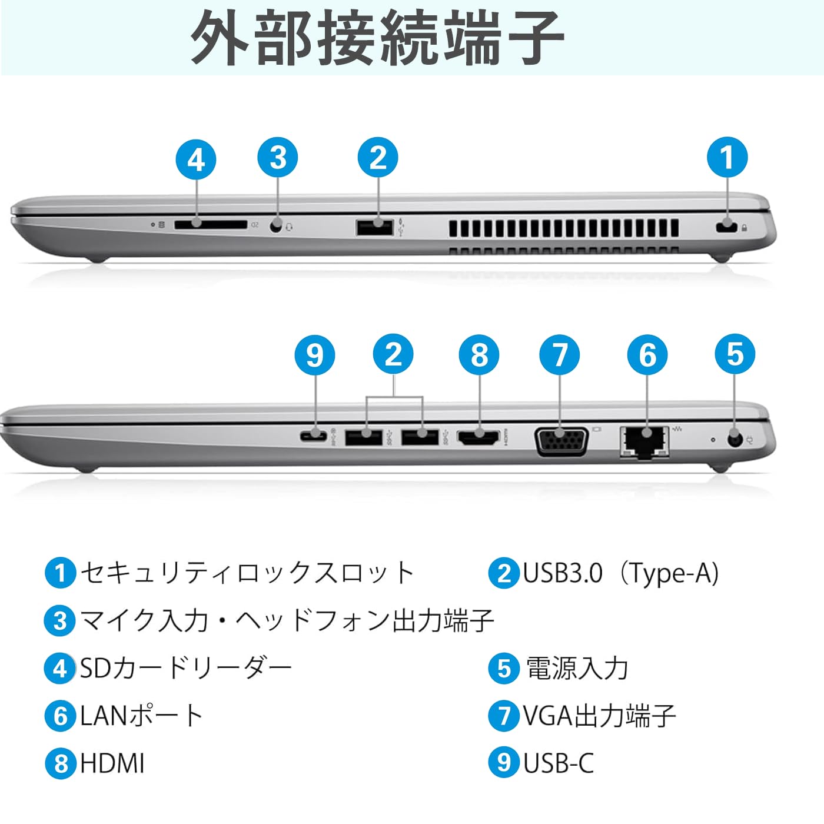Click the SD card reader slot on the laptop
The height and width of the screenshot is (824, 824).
[x=211, y=224]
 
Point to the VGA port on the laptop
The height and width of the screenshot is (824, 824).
[x=561, y=441]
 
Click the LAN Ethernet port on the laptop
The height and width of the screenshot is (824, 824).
[x=644, y=441]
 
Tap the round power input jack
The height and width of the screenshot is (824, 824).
[x=734, y=439]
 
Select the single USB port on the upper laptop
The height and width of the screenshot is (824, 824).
[x=374, y=227]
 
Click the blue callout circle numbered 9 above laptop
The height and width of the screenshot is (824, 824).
[x=315, y=355]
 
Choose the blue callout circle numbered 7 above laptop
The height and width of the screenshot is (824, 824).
[x=560, y=355]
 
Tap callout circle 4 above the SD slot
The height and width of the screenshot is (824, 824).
[x=196, y=160]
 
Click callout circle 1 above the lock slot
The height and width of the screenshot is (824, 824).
[x=727, y=158]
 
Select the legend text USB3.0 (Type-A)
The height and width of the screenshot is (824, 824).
[x=620, y=573]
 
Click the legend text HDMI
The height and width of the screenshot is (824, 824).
[x=112, y=763]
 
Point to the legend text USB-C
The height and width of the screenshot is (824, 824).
[x=558, y=763]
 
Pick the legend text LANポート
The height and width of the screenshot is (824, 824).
[x=141, y=716]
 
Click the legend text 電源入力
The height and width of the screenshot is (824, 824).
[x=577, y=669]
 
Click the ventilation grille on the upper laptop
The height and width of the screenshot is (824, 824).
[x=563, y=228]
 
